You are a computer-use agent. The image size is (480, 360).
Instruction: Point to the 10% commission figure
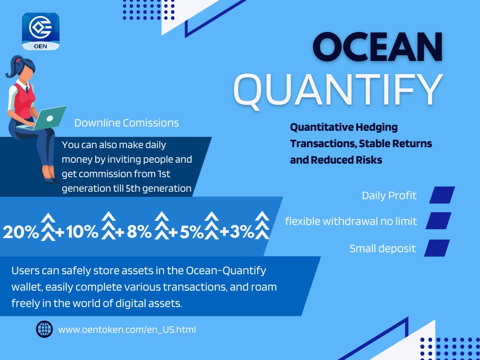[82, 232]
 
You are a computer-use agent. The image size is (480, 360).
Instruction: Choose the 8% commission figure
[139, 232]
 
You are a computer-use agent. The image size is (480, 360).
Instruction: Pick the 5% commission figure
[190, 232]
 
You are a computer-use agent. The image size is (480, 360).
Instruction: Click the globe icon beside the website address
[45, 330]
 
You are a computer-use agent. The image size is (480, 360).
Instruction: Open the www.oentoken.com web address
[127, 330]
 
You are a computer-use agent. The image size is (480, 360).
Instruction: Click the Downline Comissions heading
[127, 123]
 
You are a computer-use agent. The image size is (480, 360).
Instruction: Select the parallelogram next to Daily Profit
[442, 195]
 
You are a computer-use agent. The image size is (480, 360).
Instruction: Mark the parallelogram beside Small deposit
[437, 248]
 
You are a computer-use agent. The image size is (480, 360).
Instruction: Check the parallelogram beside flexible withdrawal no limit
[439, 220]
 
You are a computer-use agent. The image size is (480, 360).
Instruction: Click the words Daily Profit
[389, 195]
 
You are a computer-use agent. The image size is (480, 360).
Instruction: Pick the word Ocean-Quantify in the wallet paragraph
[226, 270]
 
